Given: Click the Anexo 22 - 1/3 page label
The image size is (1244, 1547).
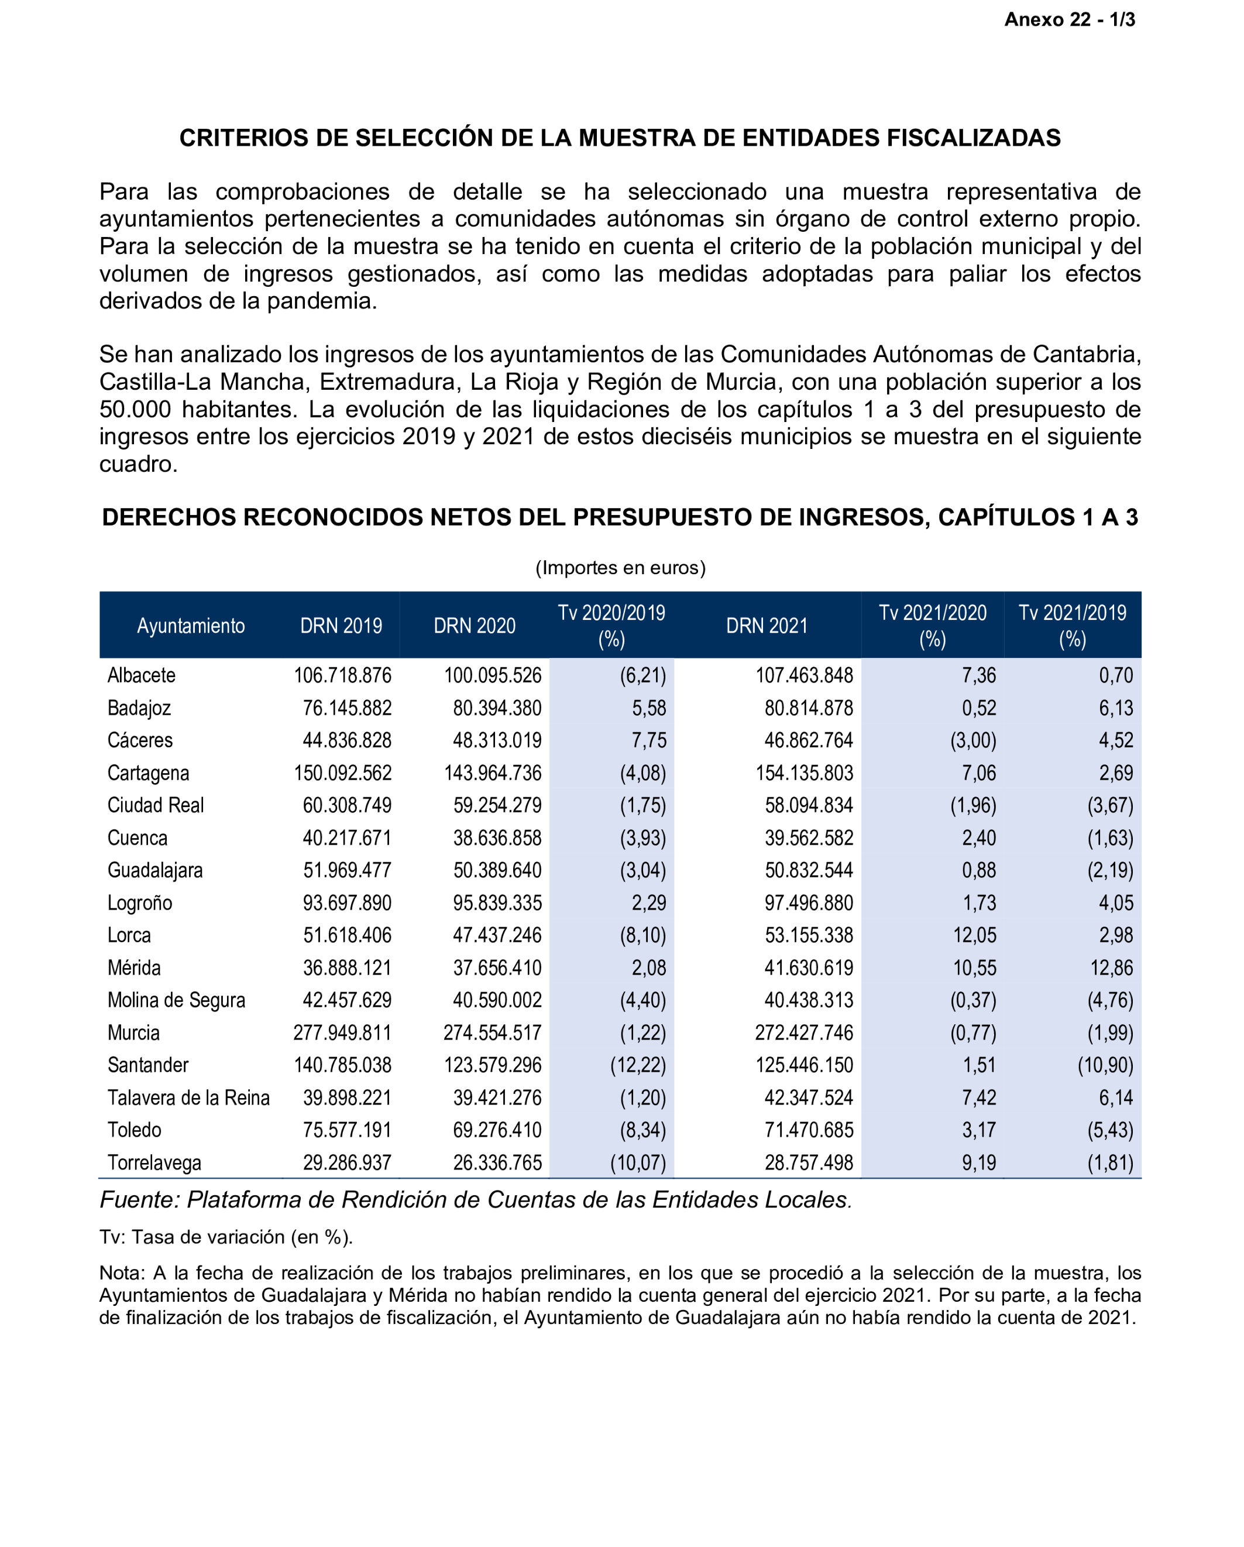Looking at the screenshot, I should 1069,20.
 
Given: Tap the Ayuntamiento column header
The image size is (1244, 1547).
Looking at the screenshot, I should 191,626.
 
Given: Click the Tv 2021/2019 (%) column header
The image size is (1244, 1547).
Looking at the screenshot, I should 1072,626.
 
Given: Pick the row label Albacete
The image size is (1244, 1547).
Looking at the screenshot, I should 142,675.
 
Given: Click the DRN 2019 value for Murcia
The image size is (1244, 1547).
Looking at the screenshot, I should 342,1033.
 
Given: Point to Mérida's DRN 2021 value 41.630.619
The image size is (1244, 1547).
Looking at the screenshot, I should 809,968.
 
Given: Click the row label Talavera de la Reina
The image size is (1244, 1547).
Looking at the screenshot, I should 188,1098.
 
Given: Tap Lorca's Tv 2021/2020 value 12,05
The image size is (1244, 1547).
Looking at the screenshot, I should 974,935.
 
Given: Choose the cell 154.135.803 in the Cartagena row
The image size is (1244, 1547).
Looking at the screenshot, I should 804,773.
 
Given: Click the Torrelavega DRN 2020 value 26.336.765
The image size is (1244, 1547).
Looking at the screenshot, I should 497,1162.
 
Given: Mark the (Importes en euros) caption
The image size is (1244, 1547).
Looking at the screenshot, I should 621,568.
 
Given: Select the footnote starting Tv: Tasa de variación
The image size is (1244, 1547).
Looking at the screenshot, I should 226,1237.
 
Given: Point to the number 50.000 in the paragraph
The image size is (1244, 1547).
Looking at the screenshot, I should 135,410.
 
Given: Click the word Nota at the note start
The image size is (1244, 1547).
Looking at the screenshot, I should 122,1273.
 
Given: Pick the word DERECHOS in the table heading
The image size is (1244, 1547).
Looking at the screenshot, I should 168,517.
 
